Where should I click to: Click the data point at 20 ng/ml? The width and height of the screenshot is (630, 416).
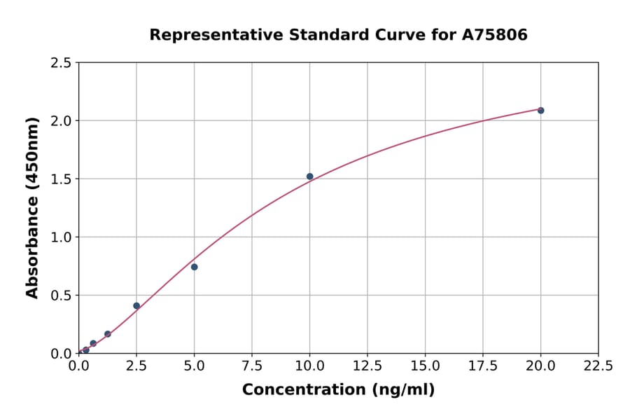coord(540,111)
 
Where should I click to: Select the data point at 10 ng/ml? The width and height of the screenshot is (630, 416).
coord(309,176)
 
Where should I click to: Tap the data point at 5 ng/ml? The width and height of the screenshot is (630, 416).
coord(194,267)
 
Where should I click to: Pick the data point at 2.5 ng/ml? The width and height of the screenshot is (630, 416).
coord(136,306)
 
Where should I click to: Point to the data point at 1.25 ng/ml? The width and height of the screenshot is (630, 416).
coord(107,334)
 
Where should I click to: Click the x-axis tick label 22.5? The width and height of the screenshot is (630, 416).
coord(598,366)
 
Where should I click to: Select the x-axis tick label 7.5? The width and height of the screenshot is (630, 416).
coord(252,366)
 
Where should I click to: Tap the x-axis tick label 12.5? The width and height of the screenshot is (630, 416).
coord(367,366)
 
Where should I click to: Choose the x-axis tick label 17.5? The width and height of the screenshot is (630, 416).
coord(483,366)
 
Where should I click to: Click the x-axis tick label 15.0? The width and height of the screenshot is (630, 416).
coord(425,366)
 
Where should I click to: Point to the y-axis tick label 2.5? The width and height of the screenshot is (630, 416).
coord(61,63)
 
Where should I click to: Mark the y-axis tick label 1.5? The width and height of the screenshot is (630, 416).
coord(61,179)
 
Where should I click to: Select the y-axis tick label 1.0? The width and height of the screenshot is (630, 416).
coord(61,237)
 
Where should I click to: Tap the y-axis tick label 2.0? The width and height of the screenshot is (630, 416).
coord(61,121)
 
